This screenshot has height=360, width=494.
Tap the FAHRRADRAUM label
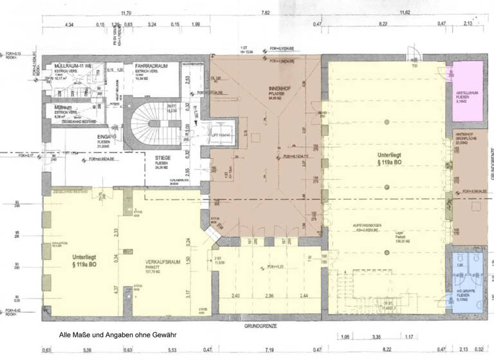[152, 66]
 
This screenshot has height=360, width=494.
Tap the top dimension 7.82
[265, 13]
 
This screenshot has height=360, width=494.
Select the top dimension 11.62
[405, 13]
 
